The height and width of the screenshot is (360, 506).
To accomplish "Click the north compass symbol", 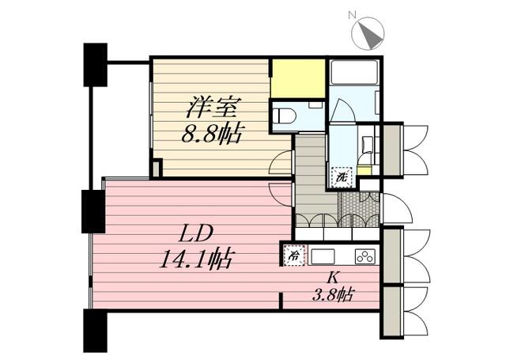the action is pyautogui.click(x=368, y=33).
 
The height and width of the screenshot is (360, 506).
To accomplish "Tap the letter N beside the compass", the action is pyautogui.click(x=352, y=14).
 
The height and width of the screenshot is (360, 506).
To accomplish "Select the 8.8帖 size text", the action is pyautogui.click(x=211, y=134).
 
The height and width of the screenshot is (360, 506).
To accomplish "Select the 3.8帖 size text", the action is pyautogui.click(x=334, y=294).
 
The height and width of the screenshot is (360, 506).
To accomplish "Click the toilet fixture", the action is pyautogui.click(x=285, y=116).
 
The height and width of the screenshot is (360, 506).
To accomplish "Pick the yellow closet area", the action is pyautogui.click(x=298, y=78).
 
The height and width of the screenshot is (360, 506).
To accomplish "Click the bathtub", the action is pyautogui.click(x=354, y=72).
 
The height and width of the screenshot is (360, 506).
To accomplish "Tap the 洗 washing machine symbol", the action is pyautogui.click(x=342, y=177).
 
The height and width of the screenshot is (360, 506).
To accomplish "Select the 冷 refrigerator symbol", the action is pyautogui.click(x=294, y=256).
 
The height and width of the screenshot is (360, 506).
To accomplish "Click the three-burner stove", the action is pyautogui.click(x=365, y=256).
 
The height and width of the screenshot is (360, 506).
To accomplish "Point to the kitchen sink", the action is pyautogui.click(x=322, y=256).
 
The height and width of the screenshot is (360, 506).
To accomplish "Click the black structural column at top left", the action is pyautogui.click(x=95, y=65).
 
